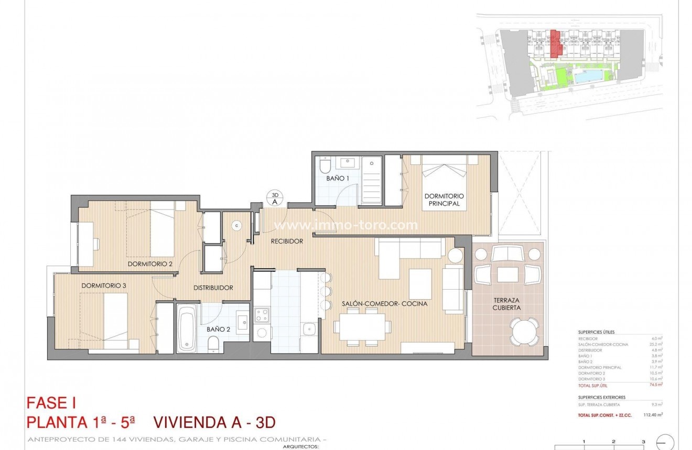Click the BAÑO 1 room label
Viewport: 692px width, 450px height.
click(x=338, y=178)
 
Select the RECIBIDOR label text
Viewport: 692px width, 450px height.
click(x=287, y=242)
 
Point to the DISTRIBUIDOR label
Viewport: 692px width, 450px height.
click(x=213, y=288)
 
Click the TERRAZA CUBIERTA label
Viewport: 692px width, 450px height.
click(x=506, y=304)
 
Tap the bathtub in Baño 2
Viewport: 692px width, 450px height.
click(x=187, y=329)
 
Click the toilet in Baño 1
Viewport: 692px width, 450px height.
click(x=325, y=166)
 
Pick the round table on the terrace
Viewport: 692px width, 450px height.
click(x=524, y=332)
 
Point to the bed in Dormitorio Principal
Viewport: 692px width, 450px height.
click(x=445, y=182)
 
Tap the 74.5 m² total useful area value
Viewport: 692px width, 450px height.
click(x=656, y=385)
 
